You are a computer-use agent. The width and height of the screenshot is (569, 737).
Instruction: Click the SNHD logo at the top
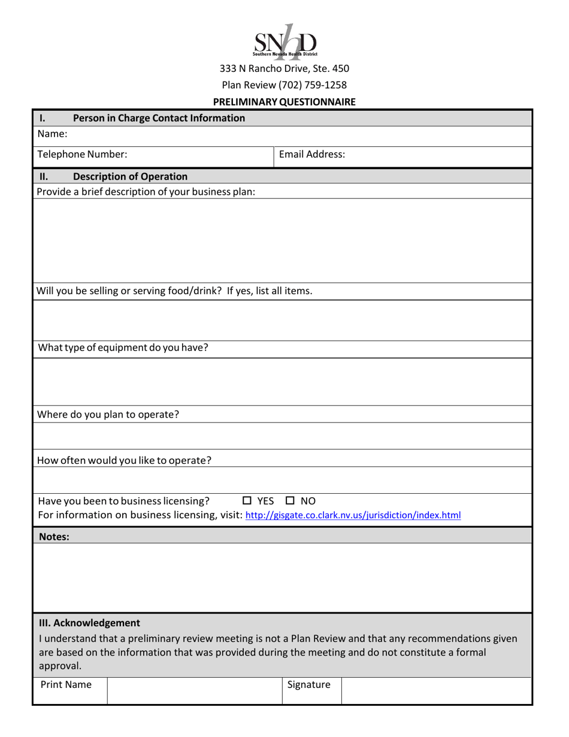284,42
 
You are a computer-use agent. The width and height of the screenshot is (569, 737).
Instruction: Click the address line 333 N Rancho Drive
284,68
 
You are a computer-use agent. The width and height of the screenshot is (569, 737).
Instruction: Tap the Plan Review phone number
284,85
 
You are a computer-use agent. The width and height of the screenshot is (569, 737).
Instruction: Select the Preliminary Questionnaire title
284,102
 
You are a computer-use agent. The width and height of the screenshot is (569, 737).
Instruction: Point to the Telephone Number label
82,154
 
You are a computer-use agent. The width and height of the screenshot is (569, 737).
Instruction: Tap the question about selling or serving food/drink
174,291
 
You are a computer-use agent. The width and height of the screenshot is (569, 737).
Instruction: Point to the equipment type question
123,348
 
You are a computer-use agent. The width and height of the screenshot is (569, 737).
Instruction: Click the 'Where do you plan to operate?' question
108,414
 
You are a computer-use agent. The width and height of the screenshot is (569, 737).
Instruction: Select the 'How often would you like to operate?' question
125,461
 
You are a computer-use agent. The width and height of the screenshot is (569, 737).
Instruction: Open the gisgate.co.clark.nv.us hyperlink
353,515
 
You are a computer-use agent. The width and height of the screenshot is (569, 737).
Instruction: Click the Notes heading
54,537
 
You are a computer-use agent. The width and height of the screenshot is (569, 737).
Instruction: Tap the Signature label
308,684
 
